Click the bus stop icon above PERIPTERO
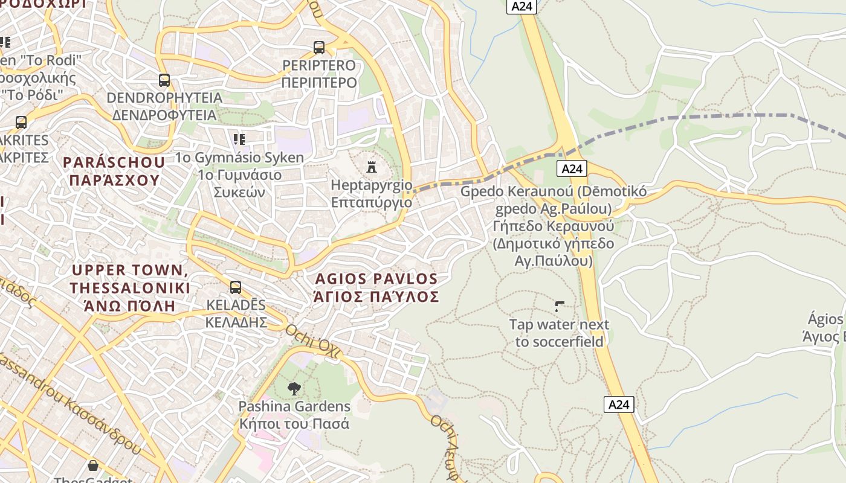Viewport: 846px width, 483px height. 319,47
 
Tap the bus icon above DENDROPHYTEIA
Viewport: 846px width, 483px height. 164,80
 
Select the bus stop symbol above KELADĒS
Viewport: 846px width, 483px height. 236,287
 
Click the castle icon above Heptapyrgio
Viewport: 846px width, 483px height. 372,167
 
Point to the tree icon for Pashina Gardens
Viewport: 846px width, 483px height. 294,388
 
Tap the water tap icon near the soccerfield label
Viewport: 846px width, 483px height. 559,307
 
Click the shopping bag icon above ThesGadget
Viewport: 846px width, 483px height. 93,465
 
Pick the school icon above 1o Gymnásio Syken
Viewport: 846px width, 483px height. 239,139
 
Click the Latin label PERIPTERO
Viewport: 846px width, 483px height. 319,65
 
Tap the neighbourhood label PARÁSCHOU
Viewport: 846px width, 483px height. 114,162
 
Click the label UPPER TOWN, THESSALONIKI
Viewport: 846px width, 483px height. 130,279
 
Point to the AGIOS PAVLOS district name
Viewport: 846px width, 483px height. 376,279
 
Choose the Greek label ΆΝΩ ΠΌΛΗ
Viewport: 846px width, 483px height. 130,305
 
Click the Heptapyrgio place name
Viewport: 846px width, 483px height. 371,185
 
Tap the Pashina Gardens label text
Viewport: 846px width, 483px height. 294,406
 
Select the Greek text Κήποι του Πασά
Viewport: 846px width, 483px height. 294,423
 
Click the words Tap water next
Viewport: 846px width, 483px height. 559,325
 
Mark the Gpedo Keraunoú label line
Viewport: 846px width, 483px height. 553,192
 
